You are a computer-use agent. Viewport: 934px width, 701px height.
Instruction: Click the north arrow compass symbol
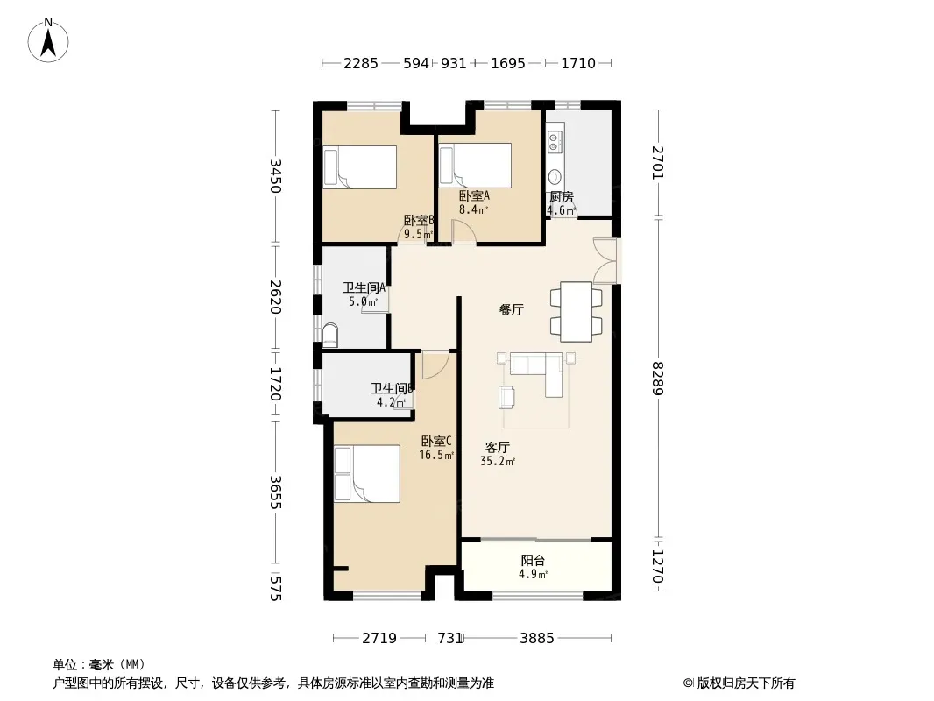[48, 40]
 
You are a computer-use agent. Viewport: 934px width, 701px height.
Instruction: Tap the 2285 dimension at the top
[360, 63]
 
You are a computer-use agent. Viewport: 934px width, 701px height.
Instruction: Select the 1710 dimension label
[577, 63]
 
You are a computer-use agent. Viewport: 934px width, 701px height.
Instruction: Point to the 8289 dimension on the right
[657, 379]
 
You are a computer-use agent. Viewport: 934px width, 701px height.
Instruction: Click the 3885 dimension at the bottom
[537, 639]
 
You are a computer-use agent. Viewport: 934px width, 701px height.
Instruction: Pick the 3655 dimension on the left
[275, 492]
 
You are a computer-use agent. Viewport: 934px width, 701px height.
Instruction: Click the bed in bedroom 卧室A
[476, 165]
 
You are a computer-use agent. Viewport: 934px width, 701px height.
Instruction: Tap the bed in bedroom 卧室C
[367, 473]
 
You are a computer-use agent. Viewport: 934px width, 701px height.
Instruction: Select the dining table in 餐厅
[576, 311]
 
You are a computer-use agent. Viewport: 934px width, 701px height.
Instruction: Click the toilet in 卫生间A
[329, 336]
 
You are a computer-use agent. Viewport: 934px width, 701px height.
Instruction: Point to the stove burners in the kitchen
[554, 141]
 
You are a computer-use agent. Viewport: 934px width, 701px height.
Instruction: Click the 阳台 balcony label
[533, 561]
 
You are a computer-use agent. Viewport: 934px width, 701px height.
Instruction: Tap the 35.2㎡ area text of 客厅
[498, 461]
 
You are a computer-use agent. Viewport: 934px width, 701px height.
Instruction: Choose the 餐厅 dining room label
[511, 309]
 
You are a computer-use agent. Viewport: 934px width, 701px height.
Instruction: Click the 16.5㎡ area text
[436, 455]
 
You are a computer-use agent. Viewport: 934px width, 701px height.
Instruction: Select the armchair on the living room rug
[507, 397]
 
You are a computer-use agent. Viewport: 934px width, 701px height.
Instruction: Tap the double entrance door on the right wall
[605, 260]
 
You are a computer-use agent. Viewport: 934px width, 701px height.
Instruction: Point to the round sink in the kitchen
[555, 176]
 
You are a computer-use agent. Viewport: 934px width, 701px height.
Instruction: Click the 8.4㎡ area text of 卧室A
[473, 209]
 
